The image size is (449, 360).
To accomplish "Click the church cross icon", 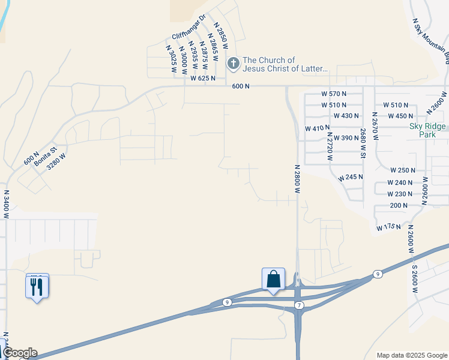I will pos(233,63).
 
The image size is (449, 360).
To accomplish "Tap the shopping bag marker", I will pos(274,279).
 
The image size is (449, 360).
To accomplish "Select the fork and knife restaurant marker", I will pos(37,286).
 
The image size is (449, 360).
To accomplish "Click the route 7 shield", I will pos(299,306).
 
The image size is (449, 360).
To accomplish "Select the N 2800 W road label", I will pos(297,179).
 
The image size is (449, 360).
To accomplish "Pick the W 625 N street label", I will pos(203,79).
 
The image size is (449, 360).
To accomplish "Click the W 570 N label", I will pos(334,94).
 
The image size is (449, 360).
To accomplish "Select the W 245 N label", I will pos(351,178).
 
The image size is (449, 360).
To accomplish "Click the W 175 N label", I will pos(388,227).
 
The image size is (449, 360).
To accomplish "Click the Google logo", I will pos(20,353).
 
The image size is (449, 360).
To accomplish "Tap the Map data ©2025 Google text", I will pos(412,355).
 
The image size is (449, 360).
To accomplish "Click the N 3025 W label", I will pos(172,59).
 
